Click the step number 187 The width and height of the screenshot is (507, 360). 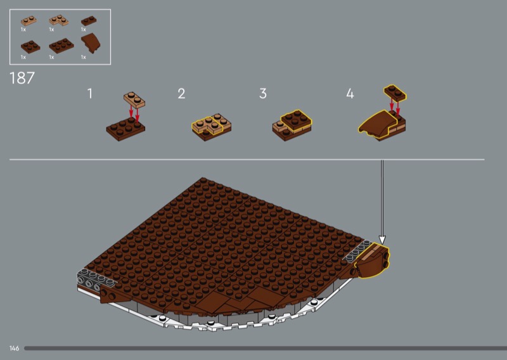[22, 78]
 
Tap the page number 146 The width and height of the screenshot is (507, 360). [14, 348]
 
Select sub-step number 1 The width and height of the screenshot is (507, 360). [90, 93]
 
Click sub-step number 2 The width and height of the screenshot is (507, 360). [181, 93]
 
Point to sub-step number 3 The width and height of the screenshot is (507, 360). [263, 93]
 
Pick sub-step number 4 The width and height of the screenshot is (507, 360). [350, 93]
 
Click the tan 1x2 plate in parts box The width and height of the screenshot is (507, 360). [29, 21]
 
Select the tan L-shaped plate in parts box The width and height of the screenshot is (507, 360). [58, 20]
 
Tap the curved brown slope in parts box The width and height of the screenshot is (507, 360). [91, 43]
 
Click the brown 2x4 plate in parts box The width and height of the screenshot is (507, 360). [61, 46]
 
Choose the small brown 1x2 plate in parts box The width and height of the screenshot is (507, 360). [89, 21]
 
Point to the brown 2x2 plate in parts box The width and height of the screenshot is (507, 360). [30, 46]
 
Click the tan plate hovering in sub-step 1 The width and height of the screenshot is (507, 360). [134, 100]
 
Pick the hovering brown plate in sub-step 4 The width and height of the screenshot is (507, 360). [395, 93]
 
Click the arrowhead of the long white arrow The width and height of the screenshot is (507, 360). [382, 240]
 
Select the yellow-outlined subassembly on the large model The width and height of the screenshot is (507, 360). [373, 260]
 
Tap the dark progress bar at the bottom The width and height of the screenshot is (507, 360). [266, 348]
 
